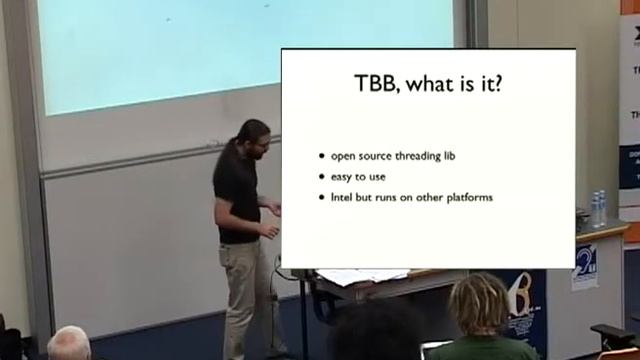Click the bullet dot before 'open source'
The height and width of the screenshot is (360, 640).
[x=321, y=157]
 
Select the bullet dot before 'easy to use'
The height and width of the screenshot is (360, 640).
[x=321, y=177]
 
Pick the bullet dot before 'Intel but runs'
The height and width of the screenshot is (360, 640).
[x=321, y=197]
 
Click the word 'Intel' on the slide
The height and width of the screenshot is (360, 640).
[x=342, y=197]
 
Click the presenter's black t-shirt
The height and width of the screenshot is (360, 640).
[x=237, y=195]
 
